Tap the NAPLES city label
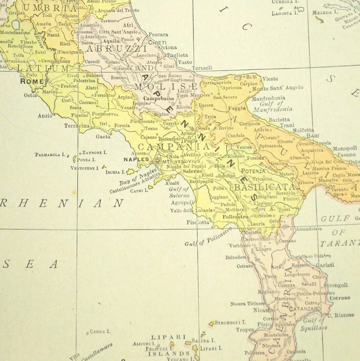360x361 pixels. coord(136,159)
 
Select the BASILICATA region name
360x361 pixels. coord(264,186)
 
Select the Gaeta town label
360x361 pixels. coord(103,137)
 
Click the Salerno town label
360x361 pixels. coord(192,171)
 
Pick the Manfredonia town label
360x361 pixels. coord(273,98)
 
